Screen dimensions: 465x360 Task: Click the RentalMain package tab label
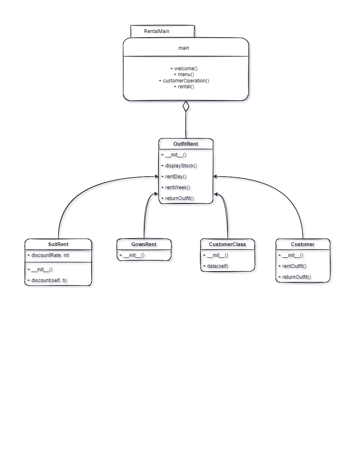point(156,31)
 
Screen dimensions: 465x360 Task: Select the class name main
point(184,48)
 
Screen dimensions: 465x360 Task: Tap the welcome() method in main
point(184,68)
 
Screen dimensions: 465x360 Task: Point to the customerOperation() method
point(184,80)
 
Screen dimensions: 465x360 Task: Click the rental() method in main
point(184,87)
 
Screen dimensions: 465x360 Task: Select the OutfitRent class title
point(186,144)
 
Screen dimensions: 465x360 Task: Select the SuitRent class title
point(58,244)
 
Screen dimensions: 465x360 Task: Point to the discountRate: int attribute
point(48,255)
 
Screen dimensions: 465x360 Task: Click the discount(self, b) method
point(47,280)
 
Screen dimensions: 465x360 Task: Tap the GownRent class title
point(144,244)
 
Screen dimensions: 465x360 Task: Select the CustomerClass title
point(227,244)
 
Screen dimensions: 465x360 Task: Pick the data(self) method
point(215,266)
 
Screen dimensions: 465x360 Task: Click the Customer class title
point(303,244)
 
